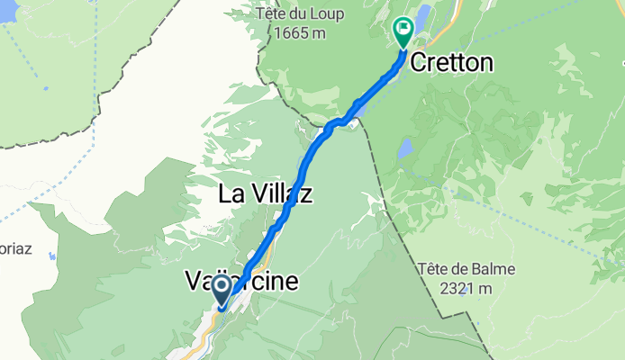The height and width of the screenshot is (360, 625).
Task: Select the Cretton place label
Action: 452,62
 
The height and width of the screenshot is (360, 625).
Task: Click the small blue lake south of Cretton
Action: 407,147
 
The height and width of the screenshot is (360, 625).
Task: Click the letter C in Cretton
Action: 419,62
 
